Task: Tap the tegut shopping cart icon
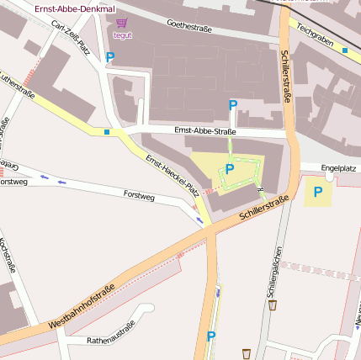coord(123,24)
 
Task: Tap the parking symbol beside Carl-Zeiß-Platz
coord(110,57)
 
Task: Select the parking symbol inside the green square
coord(229,169)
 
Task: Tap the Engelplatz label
coord(339,167)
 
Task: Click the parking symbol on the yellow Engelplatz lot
coord(318,192)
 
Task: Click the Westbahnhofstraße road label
coord(82,309)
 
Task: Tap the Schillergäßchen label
coord(272,270)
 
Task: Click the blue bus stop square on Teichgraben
coord(345,50)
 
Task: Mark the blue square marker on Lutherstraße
coord(107,131)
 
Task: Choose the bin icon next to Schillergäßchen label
coord(273,304)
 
